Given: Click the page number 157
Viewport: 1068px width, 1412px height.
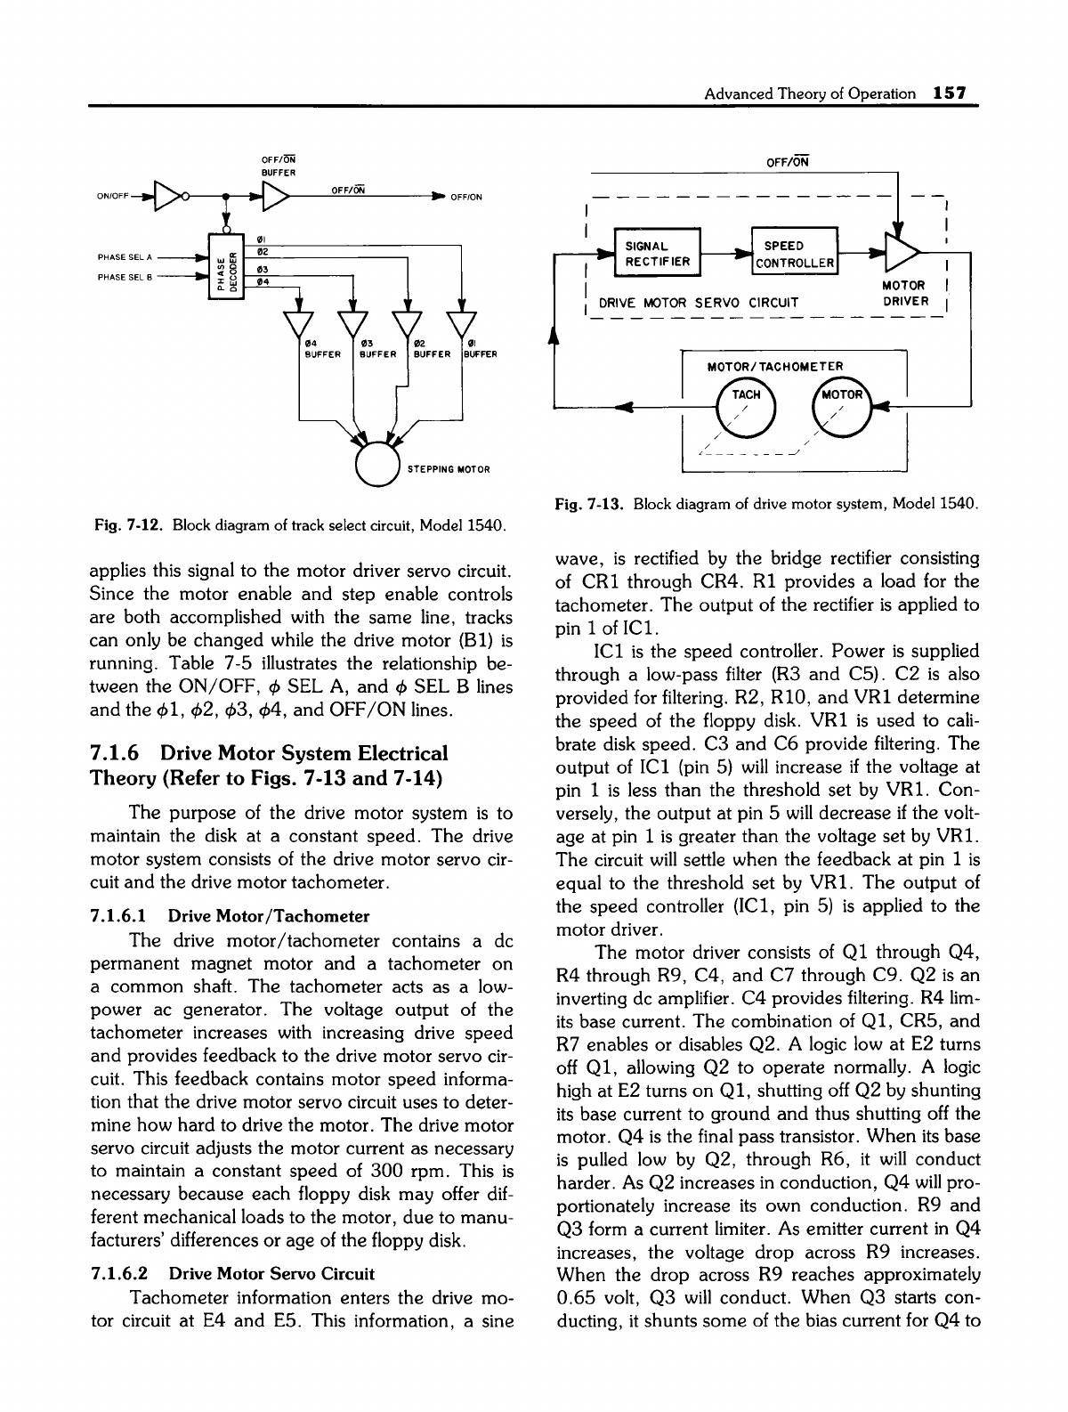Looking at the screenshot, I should point(950,93).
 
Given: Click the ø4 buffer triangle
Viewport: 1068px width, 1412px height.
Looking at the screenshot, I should point(300,326).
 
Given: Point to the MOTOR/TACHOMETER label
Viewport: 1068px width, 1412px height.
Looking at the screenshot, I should point(773,366).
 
